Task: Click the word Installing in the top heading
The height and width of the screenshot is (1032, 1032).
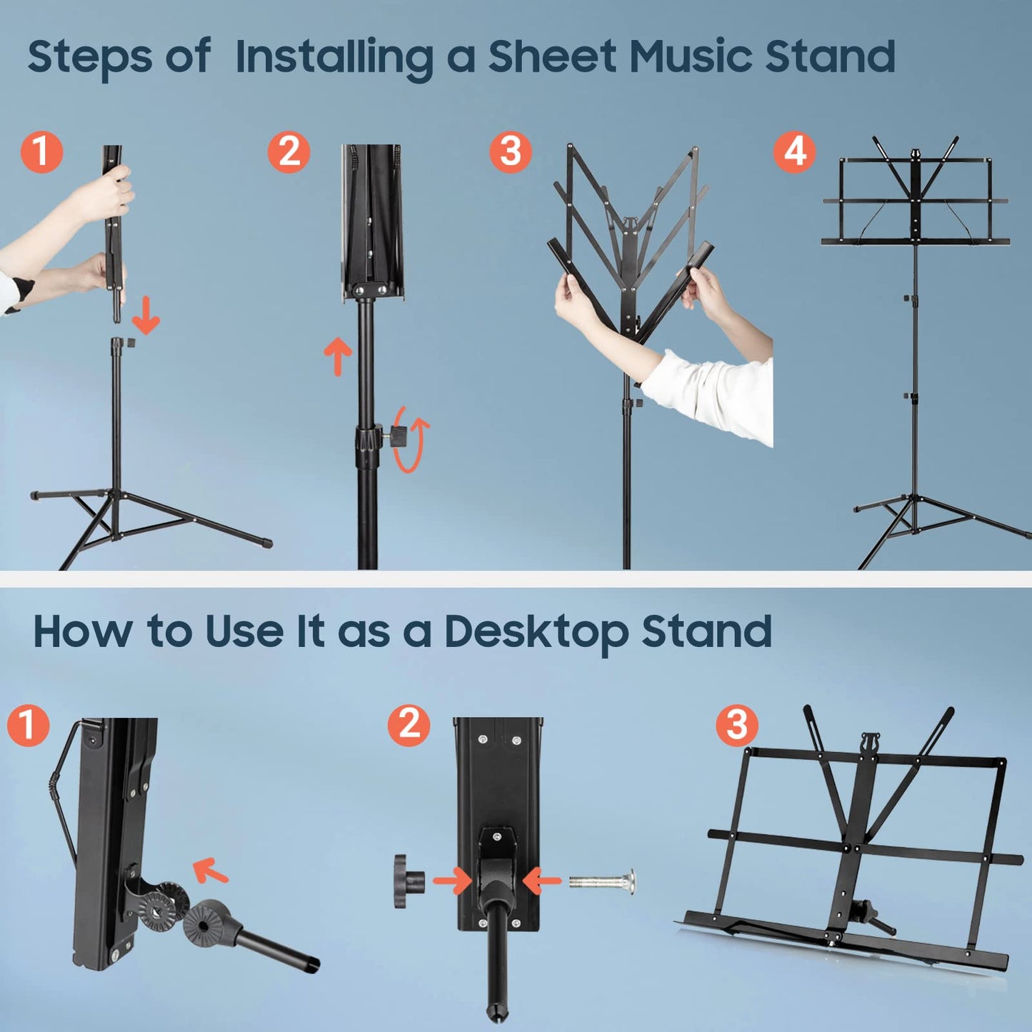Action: tap(334, 57)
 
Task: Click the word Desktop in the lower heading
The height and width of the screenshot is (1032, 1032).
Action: tap(536, 633)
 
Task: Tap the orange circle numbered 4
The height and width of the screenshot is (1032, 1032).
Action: tap(794, 151)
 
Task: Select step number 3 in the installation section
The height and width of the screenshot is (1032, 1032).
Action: tap(511, 151)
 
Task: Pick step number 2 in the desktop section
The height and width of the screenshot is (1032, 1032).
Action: tap(409, 726)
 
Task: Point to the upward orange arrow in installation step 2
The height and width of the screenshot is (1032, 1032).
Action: tap(338, 356)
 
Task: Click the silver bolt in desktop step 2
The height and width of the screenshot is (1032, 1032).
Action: tap(601, 881)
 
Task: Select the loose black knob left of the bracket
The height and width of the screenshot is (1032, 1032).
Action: tap(408, 881)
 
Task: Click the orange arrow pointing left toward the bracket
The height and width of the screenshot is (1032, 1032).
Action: tap(542, 881)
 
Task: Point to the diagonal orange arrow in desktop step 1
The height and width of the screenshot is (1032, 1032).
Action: tap(211, 871)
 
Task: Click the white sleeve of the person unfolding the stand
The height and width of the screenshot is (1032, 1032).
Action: tap(714, 393)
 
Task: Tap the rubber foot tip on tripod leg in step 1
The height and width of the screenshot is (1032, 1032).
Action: tap(266, 542)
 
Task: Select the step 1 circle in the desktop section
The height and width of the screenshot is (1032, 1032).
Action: tap(28, 726)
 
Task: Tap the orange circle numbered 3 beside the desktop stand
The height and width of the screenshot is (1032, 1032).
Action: tap(736, 726)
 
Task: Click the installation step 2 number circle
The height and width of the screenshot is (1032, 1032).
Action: tap(289, 151)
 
